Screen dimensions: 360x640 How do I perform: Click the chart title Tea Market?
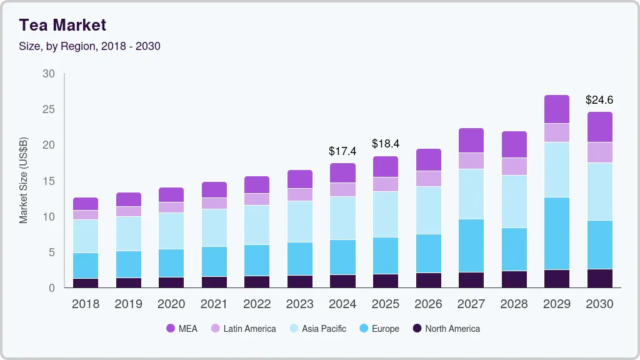(62, 25)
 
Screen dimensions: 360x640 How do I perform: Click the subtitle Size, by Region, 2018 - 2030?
(89, 46)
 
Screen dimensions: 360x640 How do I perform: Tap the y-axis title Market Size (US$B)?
(24, 181)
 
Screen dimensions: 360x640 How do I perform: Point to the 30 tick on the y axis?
(48, 74)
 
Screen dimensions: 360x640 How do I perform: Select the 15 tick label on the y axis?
(48, 181)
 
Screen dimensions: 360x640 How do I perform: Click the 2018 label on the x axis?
(85, 304)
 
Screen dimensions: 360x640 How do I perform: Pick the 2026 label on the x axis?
(428, 304)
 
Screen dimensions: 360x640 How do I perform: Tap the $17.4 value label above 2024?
(342, 151)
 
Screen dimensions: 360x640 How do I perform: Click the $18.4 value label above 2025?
(385, 144)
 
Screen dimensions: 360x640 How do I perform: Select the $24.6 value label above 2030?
(599, 100)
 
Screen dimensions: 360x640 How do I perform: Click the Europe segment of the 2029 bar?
(556, 233)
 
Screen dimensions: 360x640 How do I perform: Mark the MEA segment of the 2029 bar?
(556, 109)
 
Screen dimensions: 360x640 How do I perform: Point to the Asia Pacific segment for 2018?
(85, 236)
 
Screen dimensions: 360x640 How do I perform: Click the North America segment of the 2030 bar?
(599, 278)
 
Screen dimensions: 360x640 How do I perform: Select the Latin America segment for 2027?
(471, 161)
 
